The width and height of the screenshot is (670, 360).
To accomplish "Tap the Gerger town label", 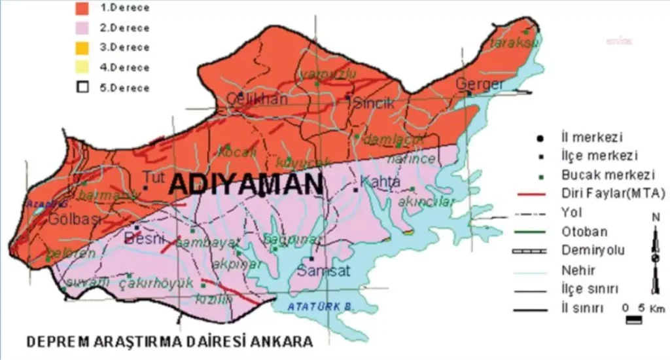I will (x=480, y=84).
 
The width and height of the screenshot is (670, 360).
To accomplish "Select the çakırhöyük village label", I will (x=157, y=283).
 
